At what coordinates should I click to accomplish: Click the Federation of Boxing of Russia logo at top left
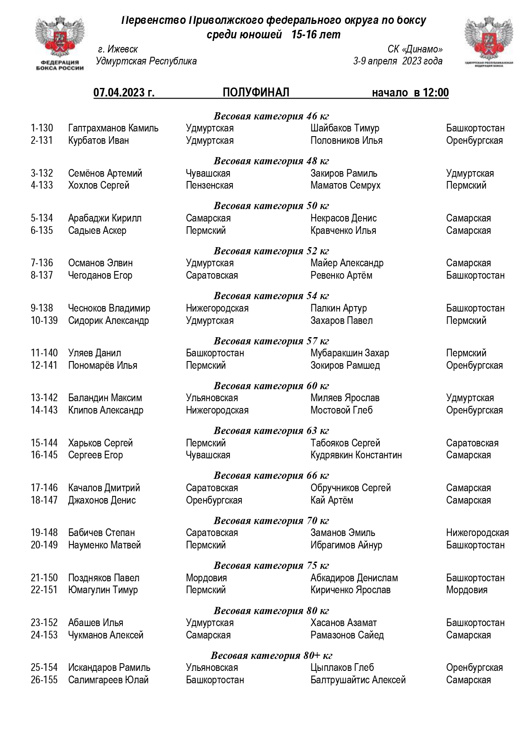[59, 43]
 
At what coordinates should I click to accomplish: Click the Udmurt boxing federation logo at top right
[488, 43]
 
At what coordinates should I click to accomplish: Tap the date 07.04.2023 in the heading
[124, 93]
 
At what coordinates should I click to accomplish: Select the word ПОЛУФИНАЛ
[256, 92]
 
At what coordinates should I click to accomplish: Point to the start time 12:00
[436, 93]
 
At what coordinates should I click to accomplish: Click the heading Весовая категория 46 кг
[271, 116]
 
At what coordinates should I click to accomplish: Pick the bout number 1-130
[42, 128]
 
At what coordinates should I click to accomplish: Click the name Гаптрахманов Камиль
[113, 128]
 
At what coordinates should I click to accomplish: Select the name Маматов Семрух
[345, 185]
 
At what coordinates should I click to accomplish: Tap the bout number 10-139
[44, 321]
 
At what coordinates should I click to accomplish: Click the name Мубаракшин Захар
[349, 353]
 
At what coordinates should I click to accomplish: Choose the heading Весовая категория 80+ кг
[271, 656]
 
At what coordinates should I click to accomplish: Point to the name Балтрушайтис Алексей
[358, 680]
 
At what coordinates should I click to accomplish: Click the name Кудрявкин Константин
[356, 455]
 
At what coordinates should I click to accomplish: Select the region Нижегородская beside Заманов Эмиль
[477, 533]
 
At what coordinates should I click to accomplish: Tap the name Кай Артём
[331, 500]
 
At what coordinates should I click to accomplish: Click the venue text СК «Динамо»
[415, 50]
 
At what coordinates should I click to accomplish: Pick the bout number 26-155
[44, 680]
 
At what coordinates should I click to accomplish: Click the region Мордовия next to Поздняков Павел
[206, 578]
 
